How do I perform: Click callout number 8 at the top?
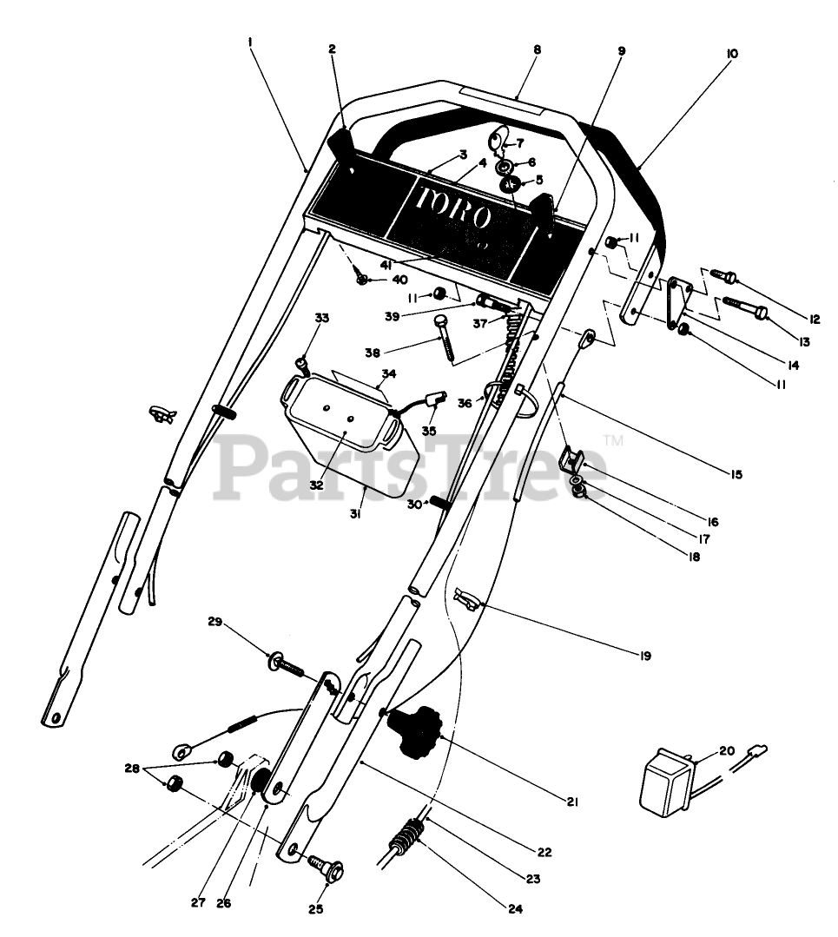click(x=537, y=50)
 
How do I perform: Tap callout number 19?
click(x=644, y=656)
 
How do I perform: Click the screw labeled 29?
click(x=284, y=666)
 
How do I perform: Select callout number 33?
click(x=322, y=319)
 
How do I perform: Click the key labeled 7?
click(x=498, y=139)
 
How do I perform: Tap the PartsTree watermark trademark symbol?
click(x=617, y=442)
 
